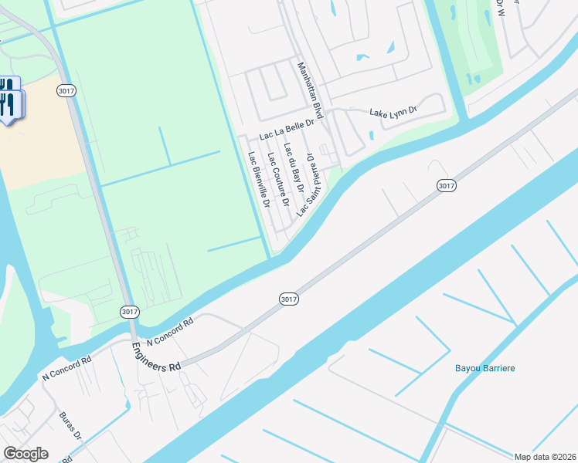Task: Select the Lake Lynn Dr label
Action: [393, 113]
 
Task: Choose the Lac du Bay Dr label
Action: [294, 168]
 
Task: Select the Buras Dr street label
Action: [70, 426]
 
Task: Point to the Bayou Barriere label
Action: [484, 368]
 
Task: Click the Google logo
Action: [25, 454]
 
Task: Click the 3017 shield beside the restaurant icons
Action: [66, 91]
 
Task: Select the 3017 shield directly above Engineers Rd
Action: [130, 312]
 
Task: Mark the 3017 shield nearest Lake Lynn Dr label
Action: [446, 185]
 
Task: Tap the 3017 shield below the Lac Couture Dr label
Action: [288, 298]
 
